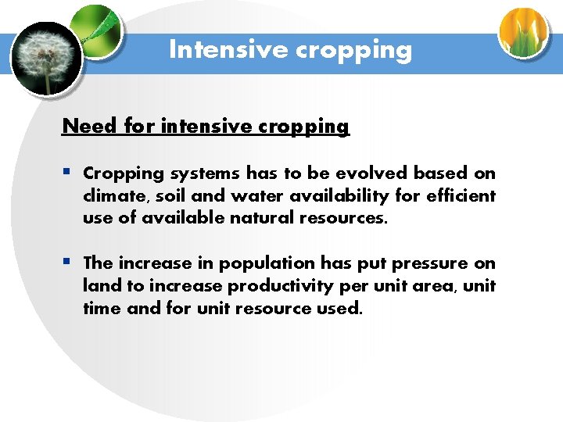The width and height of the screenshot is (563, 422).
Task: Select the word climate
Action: pos(112,195)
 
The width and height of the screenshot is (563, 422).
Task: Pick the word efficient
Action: pos(461,195)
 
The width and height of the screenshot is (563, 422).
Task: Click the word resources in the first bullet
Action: pos(344,218)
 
